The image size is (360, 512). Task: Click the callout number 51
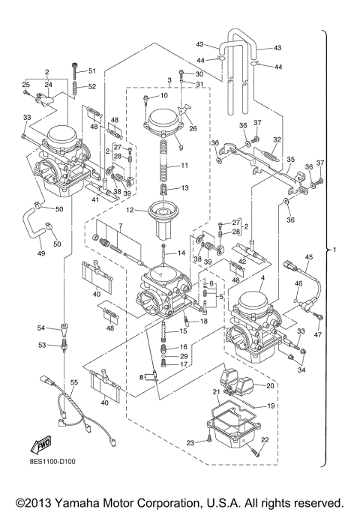tap(93, 71)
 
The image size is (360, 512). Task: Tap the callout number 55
tap(73, 382)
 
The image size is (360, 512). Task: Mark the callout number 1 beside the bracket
tap(344, 249)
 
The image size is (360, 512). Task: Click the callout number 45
tap(308, 257)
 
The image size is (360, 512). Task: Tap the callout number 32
tap(277, 139)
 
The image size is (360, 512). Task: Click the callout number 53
tap(43, 345)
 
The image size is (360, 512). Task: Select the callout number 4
tap(262, 279)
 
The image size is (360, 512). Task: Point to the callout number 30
tap(199, 74)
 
